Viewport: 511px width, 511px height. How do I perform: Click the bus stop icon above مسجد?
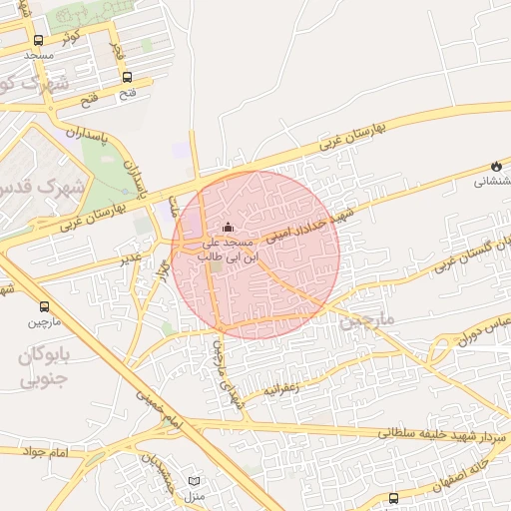(x=38, y=41)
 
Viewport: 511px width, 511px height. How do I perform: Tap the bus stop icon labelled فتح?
(x=127, y=77)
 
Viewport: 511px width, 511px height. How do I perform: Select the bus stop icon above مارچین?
(x=44, y=306)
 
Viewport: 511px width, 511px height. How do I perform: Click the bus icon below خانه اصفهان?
(x=393, y=498)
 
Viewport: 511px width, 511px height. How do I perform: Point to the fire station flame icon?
(x=495, y=166)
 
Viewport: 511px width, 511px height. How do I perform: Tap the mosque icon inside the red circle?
(x=228, y=227)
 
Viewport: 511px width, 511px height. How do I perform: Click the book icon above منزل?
(x=194, y=481)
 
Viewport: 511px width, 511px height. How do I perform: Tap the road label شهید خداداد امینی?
(x=318, y=221)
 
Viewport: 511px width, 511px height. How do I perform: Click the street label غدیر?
(x=130, y=258)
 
